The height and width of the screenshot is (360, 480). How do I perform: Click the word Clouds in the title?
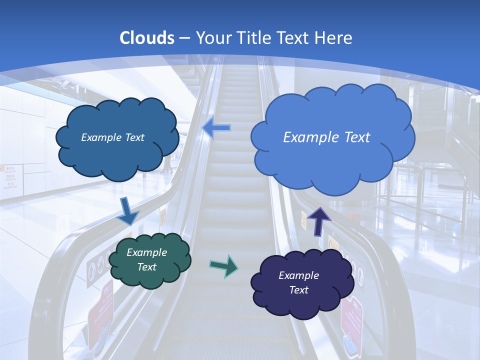147,38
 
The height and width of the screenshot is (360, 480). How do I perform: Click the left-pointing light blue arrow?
216,128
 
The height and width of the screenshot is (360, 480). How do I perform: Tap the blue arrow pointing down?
128,212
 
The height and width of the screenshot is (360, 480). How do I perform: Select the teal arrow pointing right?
223,266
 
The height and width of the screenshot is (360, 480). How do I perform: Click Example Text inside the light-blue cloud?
326,137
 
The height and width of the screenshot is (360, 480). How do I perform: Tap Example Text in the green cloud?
147,259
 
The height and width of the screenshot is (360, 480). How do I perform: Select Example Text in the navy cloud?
298,282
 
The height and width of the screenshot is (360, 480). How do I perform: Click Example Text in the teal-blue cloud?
112,137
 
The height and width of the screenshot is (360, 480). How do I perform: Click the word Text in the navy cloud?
298,290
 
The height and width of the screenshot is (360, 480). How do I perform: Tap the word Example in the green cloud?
147,252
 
